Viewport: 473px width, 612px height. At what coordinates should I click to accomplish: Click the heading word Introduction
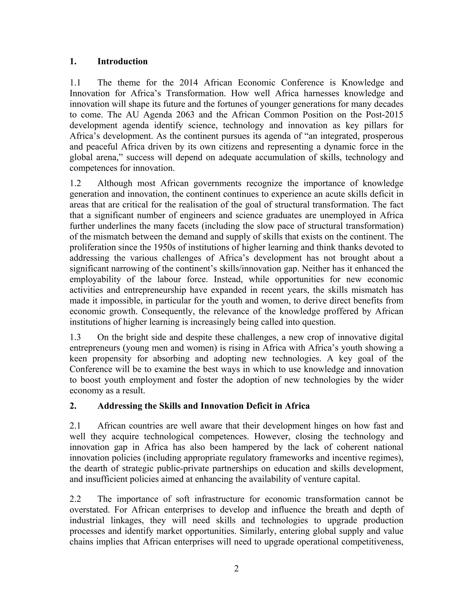(x=122, y=61)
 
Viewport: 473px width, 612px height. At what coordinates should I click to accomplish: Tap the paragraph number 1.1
(x=75, y=83)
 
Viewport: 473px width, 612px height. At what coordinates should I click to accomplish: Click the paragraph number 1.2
(x=75, y=184)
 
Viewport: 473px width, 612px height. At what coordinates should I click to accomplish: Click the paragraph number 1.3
(x=75, y=337)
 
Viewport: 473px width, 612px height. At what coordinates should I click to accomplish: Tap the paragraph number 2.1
(x=75, y=426)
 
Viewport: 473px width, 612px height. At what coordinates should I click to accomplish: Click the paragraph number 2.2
(x=75, y=499)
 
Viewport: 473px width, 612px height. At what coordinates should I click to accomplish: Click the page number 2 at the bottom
(x=236, y=569)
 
